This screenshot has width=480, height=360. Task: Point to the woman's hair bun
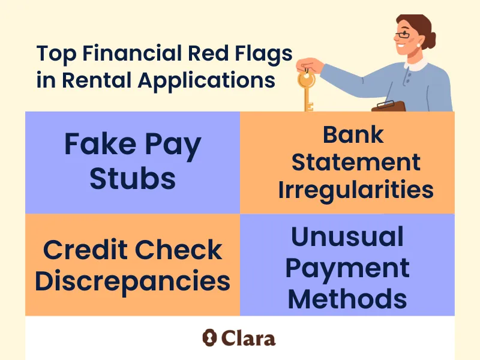coord(431,40)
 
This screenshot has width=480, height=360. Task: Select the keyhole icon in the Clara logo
coord(209,337)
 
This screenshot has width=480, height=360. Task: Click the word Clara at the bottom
coord(247,337)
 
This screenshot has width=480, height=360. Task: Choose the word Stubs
coord(133,178)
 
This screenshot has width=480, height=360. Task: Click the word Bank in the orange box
coord(353,134)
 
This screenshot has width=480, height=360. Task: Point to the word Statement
coord(348,162)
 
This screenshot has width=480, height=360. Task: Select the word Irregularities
coord(355,190)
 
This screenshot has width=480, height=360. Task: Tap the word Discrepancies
coord(133,281)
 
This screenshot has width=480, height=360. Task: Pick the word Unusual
coord(347,238)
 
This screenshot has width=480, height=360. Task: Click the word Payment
coord(347,268)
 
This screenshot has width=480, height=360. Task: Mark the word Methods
coord(347,298)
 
